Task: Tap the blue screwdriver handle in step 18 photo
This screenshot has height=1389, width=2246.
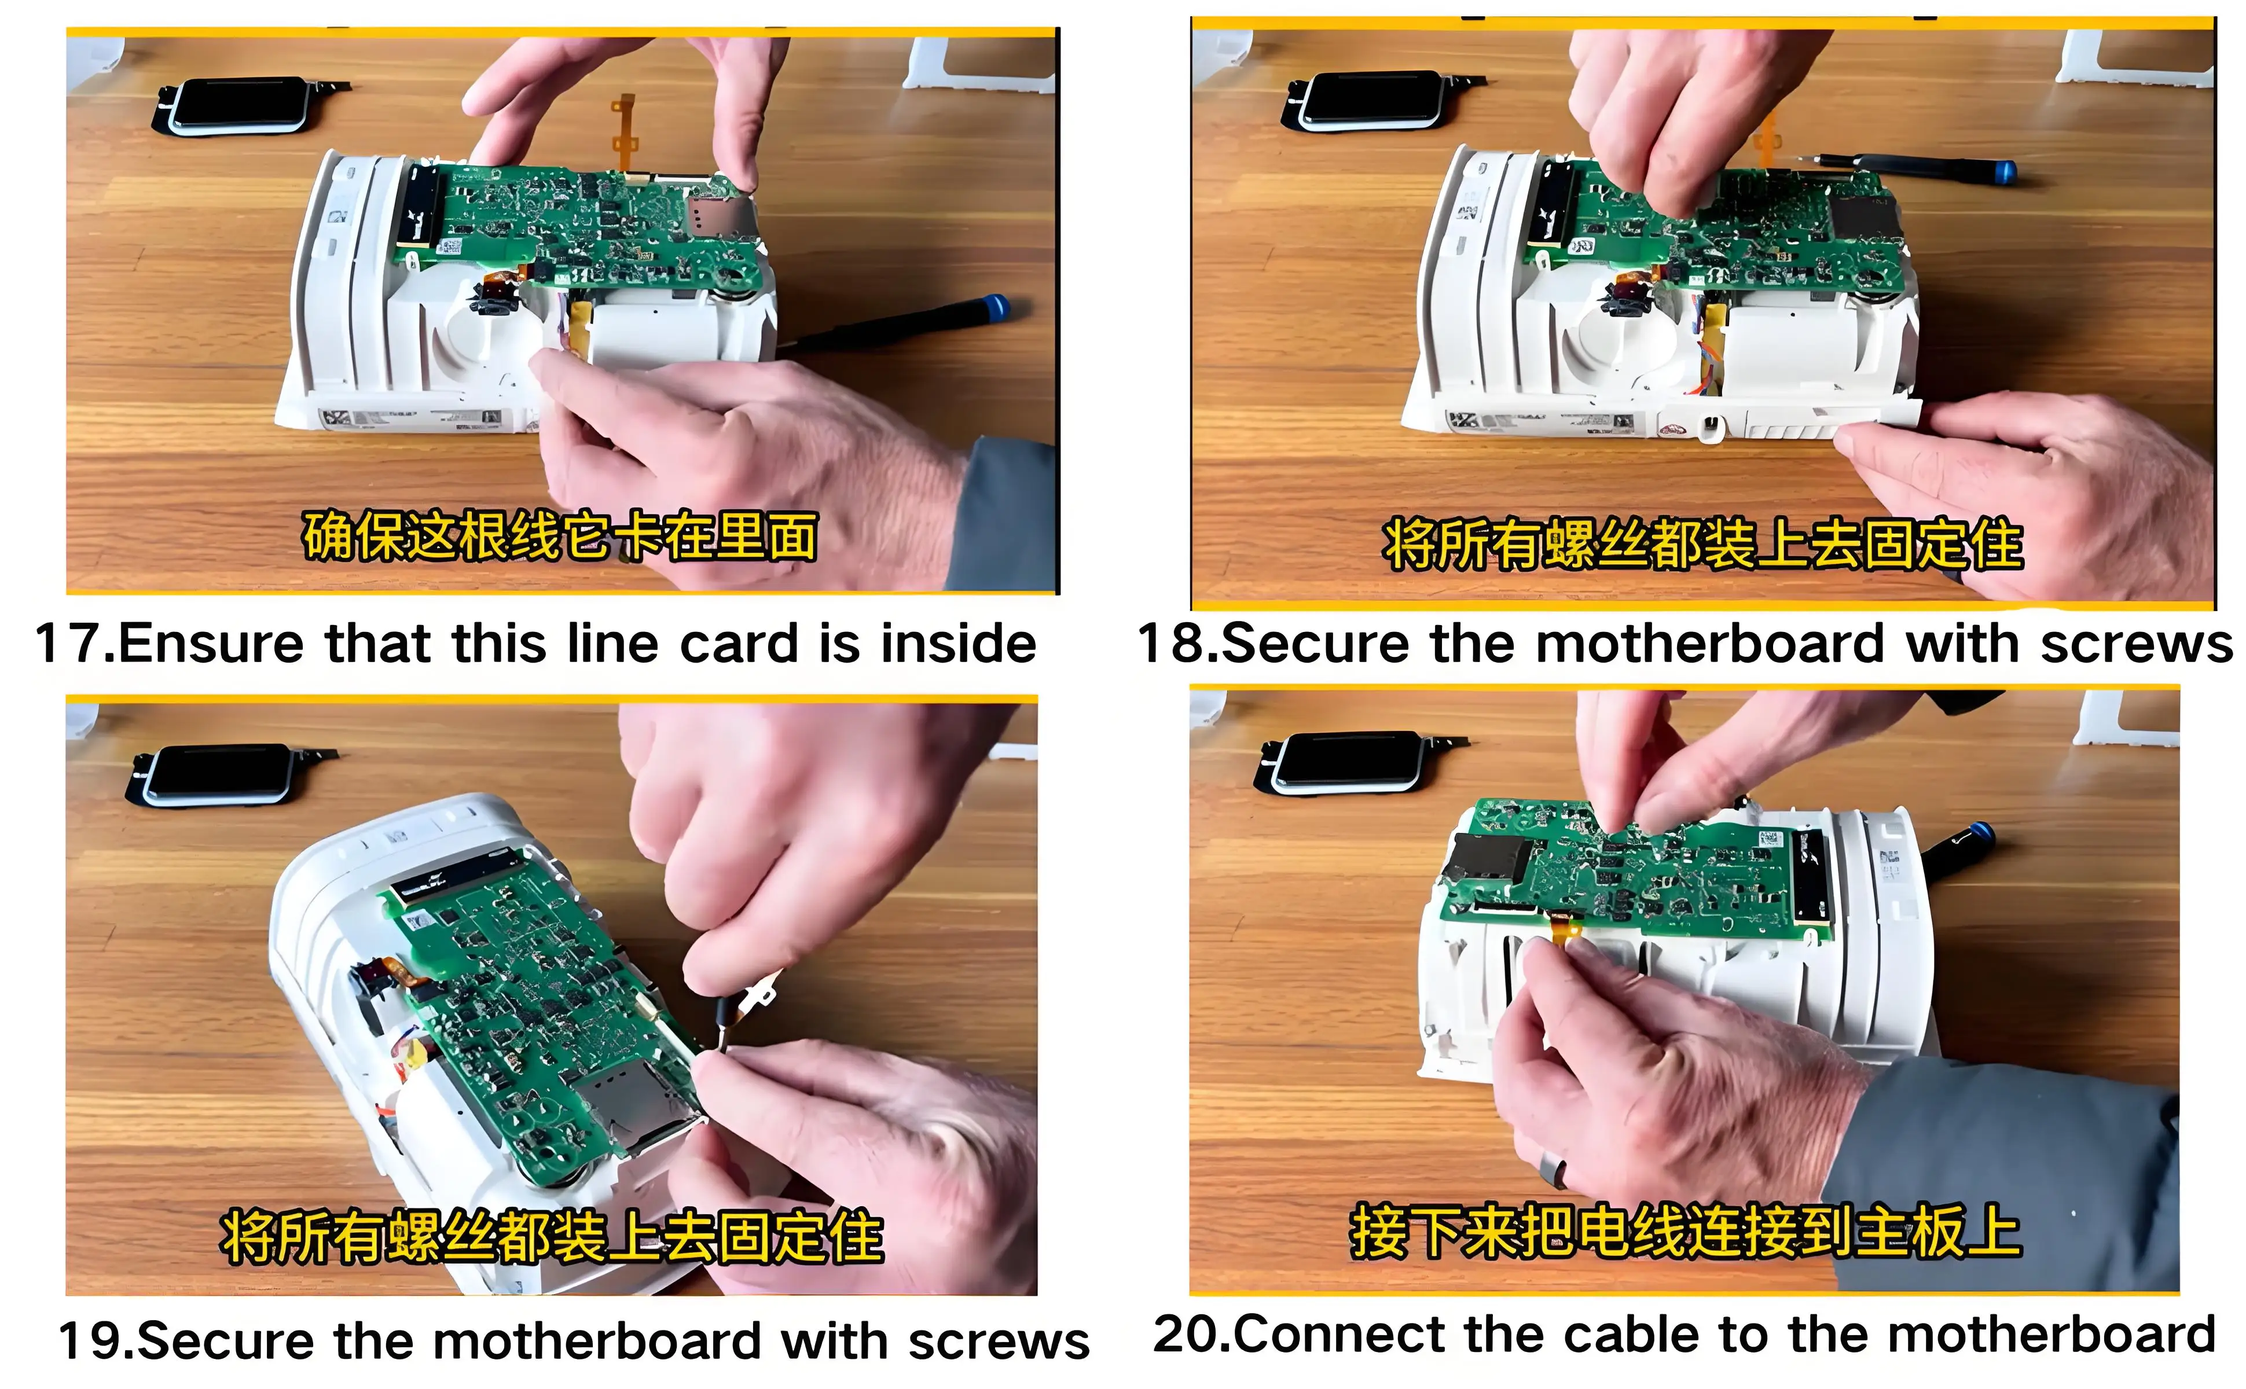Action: (1999, 170)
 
